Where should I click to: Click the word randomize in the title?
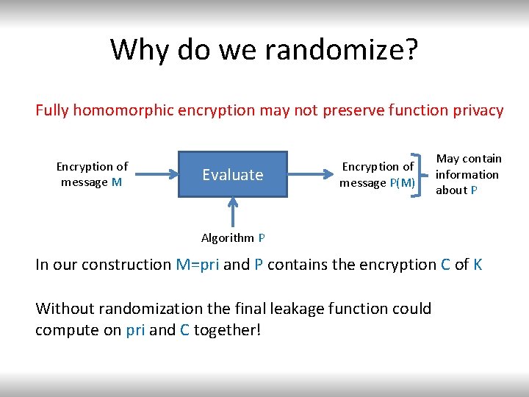[341, 49]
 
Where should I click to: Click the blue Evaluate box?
[233, 174]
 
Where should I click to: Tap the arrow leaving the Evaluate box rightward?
[309, 174]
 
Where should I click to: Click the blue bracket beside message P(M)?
[422, 175]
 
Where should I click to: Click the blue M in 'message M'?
[117, 182]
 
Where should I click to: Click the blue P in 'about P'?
[475, 190]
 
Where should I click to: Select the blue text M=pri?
[197, 265]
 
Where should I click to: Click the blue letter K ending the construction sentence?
[478, 265]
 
